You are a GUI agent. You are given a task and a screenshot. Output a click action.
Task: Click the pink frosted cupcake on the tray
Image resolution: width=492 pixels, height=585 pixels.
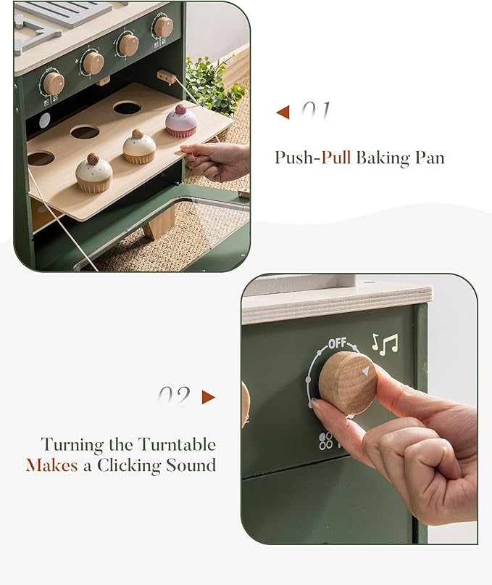click(181, 122)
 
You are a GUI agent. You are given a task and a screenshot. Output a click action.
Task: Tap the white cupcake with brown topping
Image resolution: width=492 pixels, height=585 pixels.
click(138, 147)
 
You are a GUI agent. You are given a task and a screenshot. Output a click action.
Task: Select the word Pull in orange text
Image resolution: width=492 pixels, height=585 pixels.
click(336, 157)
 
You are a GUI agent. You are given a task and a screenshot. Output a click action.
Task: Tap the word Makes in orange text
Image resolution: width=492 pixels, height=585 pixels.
click(51, 465)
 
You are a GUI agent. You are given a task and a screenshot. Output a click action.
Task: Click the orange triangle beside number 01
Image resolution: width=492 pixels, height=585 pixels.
click(283, 112)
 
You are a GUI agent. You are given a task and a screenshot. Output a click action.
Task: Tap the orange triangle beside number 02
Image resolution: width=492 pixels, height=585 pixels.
click(209, 397)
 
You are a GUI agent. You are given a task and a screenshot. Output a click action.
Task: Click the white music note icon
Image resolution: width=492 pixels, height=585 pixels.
click(385, 343)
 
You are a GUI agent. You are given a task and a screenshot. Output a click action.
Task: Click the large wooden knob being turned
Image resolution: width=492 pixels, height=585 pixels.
click(348, 382)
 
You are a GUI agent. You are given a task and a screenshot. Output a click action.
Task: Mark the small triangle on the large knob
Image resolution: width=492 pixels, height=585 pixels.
click(365, 371)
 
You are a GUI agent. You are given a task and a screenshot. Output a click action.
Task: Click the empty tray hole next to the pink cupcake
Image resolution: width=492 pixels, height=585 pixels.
click(128, 107)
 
